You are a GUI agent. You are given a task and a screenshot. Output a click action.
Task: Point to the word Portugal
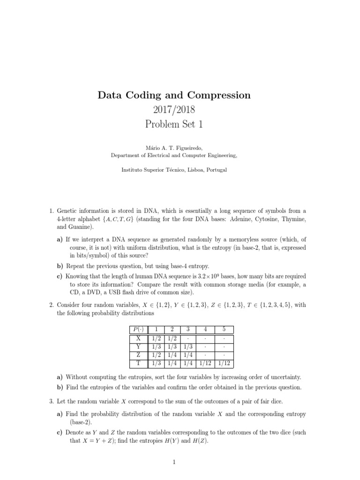coord(216,170)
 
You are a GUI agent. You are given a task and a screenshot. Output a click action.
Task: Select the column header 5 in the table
coord(225,330)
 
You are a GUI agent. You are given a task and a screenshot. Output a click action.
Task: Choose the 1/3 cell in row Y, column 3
coord(187,346)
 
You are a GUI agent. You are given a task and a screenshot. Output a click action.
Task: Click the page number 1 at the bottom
coord(174,462)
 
